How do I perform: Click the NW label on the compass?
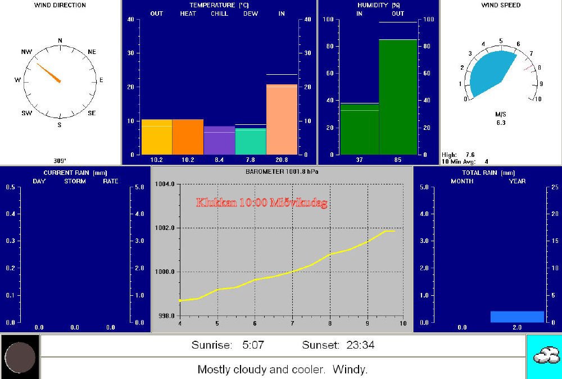pyautogui.click(x=26, y=52)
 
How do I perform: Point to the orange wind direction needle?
pyautogui.click(x=49, y=73)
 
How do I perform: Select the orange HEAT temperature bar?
pyautogui.click(x=188, y=137)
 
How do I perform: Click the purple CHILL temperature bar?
pyautogui.click(x=219, y=140)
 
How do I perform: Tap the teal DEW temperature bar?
pyautogui.click(x=251, y=141)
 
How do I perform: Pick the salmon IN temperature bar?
pyautogui.click(x=282, y=119)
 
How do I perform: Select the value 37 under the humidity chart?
pyautogui.click(x=359, y=160)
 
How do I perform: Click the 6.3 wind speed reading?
pyautogui.click(x=501, y=122)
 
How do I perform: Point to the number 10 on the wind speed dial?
pyautogui.click(x=537, y=100)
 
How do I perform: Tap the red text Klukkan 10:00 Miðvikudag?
pyautogui.click(x=261, y=202)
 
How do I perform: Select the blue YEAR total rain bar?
pyautogui.click(x=517, y=317)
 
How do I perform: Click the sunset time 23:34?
pyautogui.click(x=360, y=345)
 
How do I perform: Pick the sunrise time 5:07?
pyautogui.click(x=253, y=345)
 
